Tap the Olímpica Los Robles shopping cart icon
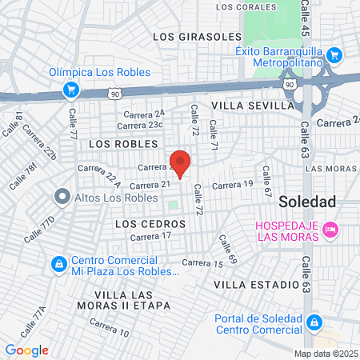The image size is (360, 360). [x=71, y=88]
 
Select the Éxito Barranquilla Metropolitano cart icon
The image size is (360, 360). [x=335, y=56]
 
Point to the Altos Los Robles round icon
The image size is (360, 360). [x=62, y=196]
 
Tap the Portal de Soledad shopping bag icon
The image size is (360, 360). [x=315, y=323]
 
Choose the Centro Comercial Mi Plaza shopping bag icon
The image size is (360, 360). [x=58, y=263]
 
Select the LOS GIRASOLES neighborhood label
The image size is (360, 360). [x=197, y=37]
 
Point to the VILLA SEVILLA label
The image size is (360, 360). [x=253, y=105]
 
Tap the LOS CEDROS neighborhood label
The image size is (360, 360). [x=150, y=223]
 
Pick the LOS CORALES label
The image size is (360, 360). [x=240, y=7]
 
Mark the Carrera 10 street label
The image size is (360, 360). [x=109, y=326]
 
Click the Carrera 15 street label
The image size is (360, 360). [x=202, y=263]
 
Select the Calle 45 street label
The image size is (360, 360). [x=305, y=18]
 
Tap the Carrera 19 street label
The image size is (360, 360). [x=232, y=185]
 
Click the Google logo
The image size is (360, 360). [x=26, y=350]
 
